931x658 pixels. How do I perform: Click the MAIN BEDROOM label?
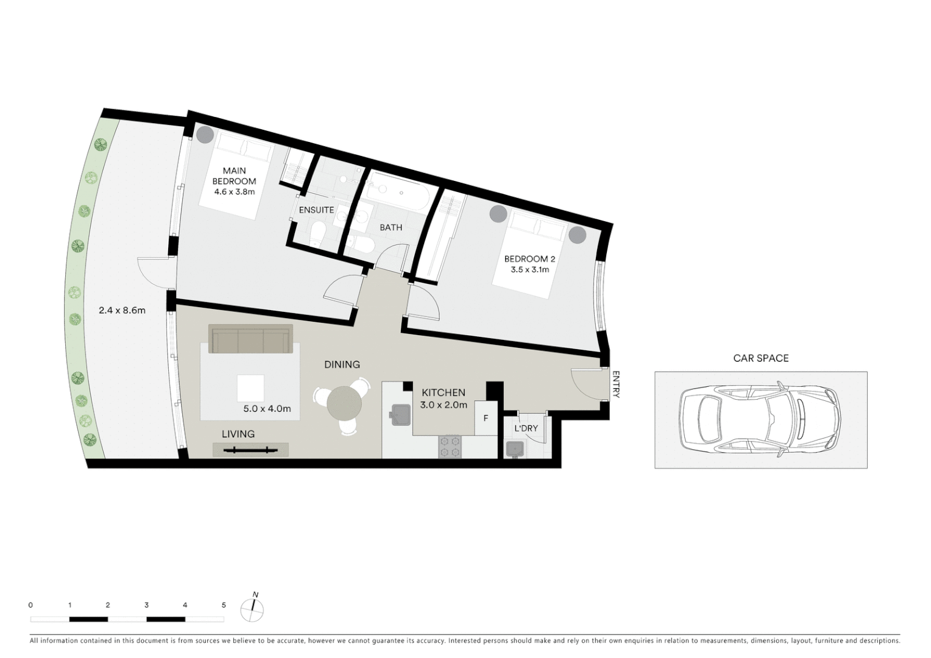tap(234, 175)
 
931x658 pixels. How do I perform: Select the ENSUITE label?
tap(316, 210)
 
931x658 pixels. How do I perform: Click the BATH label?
tap(391, 227)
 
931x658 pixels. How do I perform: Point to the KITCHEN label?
tap(443, 393)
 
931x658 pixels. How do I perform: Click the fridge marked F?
tap(486, 418)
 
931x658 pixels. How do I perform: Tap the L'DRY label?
tap(526, 428)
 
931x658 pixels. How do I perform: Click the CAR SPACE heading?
tap(760, 358)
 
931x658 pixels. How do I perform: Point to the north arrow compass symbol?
tap(252, 608)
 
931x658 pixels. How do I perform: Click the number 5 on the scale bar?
tap(224, 605)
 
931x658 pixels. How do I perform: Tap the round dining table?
tap(344, 403)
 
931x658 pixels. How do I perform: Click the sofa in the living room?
tap(250, 339)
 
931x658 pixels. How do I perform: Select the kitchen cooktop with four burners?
tap(450, 446)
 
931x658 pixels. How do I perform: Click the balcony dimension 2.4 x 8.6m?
tap(122, 310)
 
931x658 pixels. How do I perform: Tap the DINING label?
tap(341, 364)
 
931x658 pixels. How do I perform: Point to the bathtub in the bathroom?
tap(399, 193)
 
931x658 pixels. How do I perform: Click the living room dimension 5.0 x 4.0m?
tap(267, 409)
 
